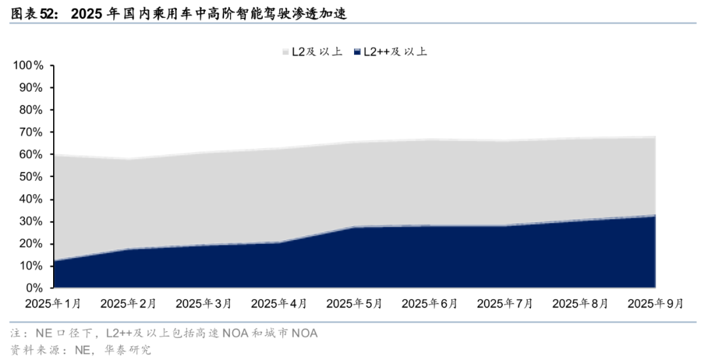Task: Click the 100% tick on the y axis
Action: tap(28, 66)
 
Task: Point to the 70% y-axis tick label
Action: tap(30, 132)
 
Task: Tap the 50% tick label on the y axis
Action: tap(30, 177)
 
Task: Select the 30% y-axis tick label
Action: tap(30, 222)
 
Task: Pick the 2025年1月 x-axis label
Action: tap(53, 304)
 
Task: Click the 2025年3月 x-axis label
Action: tap(204, 304)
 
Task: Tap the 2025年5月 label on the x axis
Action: tap(354, 304)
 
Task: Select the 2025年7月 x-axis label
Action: tap(505, 304)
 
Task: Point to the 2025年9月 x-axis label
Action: tap(656, 304)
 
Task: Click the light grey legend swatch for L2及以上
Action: tap(286, 52)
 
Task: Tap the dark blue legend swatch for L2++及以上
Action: tap(357, 52)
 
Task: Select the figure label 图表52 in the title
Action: tap(31, 12)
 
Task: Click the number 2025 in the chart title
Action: tap(87, 12)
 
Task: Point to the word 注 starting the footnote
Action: tap(15, 333)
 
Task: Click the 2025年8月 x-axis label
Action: tap(580, 304)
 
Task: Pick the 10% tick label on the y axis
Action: tap(30, 266)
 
